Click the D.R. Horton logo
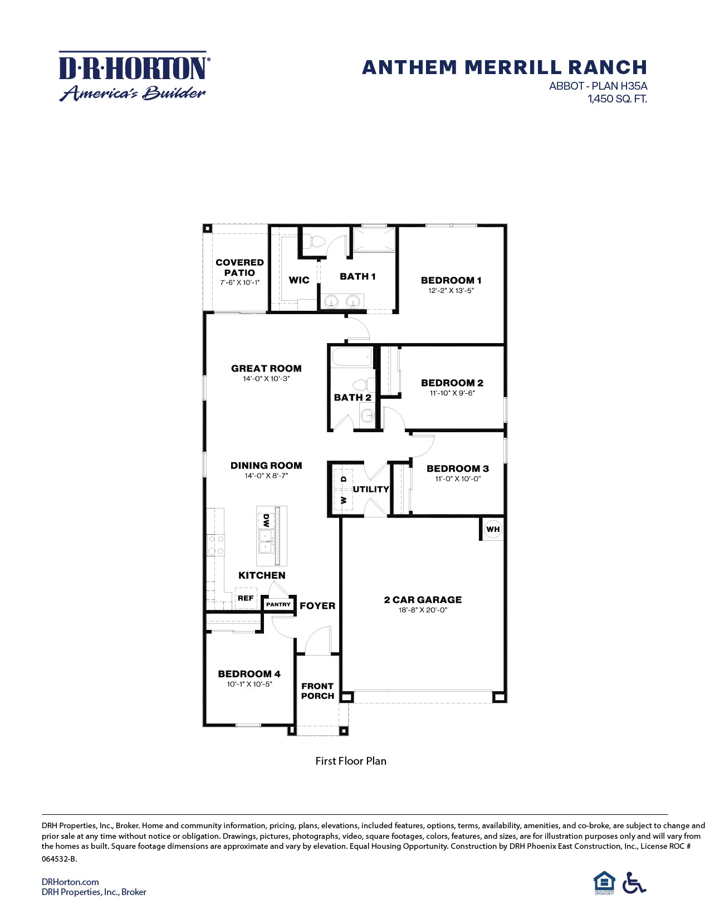(133, 76)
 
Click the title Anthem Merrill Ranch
(504, 67)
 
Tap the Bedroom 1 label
(451, 280)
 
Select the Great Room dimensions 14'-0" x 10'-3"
(266, 379)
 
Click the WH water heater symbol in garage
(493, 529)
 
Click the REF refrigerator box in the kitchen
(246, 598)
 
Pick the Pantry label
(278, 604)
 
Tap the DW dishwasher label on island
(266, 521)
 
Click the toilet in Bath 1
(316, 241)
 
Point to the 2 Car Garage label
(423, 600)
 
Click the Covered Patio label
(239, 267)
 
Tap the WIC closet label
(299, 280)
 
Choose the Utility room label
(371, 489)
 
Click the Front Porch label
(317, 691)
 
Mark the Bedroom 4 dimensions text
(249, 684)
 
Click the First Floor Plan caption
(351, 761)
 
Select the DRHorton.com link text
(70, 882)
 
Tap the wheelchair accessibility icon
(634, 883)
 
